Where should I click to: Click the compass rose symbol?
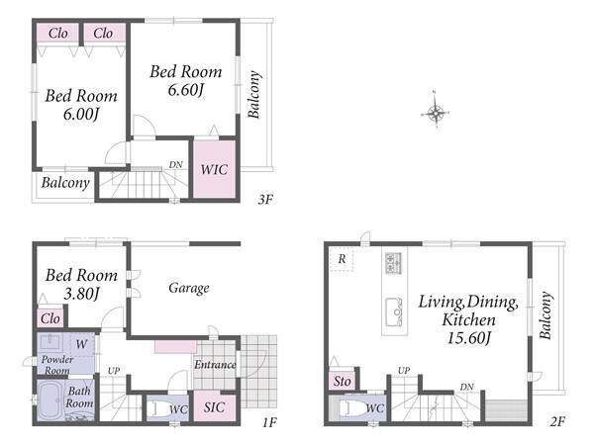(436, 112)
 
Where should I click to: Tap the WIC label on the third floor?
(214, 169)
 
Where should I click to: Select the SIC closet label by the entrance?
(214, 407)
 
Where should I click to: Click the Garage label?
(189, 288)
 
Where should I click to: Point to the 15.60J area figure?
(469, 338)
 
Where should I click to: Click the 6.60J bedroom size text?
(186, 90)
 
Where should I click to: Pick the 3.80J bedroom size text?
(81, 294)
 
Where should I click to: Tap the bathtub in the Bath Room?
(50, 400)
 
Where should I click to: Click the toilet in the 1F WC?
(158, 407)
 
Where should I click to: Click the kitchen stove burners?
(394, 263)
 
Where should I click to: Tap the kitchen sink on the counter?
(394, 312)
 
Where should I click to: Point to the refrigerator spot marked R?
(342, 259)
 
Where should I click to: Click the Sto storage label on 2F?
(343, 381)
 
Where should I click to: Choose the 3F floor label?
(265, 199)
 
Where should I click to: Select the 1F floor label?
(269, 422)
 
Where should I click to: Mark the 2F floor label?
(557, 421)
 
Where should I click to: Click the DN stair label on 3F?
(176, 164)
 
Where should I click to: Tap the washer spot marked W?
(81, 344)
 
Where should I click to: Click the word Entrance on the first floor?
(215, 364)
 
